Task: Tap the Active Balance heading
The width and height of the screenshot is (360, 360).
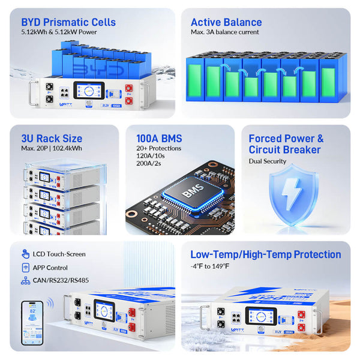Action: [x=226, y=23]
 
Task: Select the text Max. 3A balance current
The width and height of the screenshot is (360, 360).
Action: [x=224, y=32]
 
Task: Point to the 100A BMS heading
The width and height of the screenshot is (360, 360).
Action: [x=159, y=139]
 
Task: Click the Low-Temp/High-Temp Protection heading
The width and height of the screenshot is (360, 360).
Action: [x=265, y=255]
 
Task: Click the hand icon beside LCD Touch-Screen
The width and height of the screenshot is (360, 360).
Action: [x=26, y=254]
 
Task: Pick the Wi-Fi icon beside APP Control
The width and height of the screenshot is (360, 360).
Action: [x=26, y=268]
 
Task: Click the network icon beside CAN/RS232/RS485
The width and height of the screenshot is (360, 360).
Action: [x=26, y=280]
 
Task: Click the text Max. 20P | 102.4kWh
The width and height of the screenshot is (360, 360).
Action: [x=51, y=149]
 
